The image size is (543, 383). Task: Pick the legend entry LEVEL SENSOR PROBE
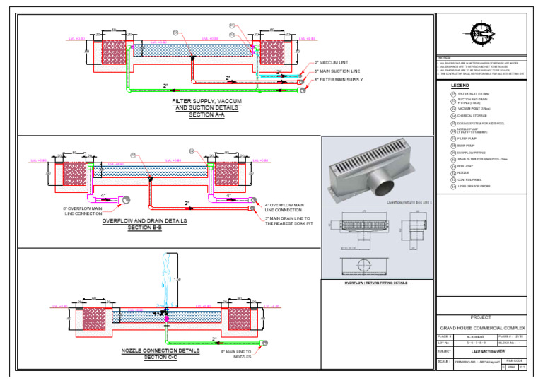tap(474, 187)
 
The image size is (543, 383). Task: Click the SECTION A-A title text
tap(206, 114)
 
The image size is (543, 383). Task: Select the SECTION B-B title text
tap(145, 228)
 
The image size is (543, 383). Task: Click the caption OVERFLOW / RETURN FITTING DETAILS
tap(376, 283)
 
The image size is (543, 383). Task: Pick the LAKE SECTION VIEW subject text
tap(490, 350)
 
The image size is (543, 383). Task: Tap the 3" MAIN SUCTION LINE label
tap(337, 71)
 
